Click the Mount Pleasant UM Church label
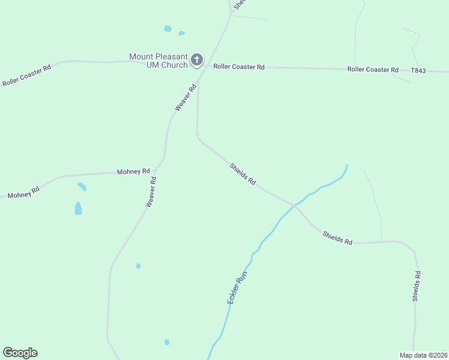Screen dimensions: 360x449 (x=158, y=61)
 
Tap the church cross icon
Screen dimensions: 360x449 (x=196, y=60)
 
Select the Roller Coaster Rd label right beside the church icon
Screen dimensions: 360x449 (x=239, y=67)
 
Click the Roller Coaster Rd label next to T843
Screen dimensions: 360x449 (x=373, y=70)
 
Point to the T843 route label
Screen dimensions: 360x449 (x=418, y=71)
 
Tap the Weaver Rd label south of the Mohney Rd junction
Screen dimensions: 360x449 (x=151, y=192)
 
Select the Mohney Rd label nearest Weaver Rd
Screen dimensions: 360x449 (x=133, y=172)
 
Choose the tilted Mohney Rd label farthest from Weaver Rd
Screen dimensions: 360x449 (x=24, y=193)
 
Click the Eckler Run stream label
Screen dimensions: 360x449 (x=237, y=287)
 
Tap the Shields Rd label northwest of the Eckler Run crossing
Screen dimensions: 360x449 (x=243, y=173)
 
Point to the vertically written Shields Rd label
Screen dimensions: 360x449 (x=417, y=286)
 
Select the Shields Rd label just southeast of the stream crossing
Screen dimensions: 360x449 (x=337, y=238)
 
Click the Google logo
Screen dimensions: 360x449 (x=20, y=353)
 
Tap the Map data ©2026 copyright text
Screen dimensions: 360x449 (x=423, y=355)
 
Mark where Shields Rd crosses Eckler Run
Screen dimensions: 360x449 (x=294, y=205)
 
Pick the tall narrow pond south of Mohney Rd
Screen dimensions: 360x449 (x=78, y=208)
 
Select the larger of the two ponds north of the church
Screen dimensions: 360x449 (x=168, y=28)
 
